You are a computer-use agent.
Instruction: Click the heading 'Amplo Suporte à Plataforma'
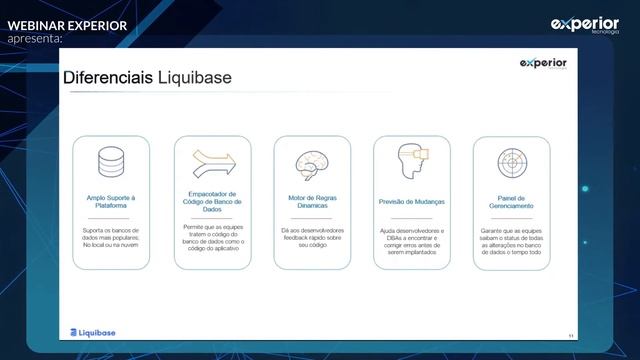(x=111, y=202)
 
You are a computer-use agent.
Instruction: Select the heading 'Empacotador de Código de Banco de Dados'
(x=212, y=201)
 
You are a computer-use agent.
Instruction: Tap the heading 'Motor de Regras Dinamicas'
(x=312, y=202)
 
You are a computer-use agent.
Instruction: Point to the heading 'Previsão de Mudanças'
(x=412, y=202)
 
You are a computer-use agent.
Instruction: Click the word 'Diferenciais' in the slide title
(x=108, y=78)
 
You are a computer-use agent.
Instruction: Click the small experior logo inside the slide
(x=543, y=63)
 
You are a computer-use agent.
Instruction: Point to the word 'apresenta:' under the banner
(x=35, y=38)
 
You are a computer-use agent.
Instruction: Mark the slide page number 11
(x=570, y=335)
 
